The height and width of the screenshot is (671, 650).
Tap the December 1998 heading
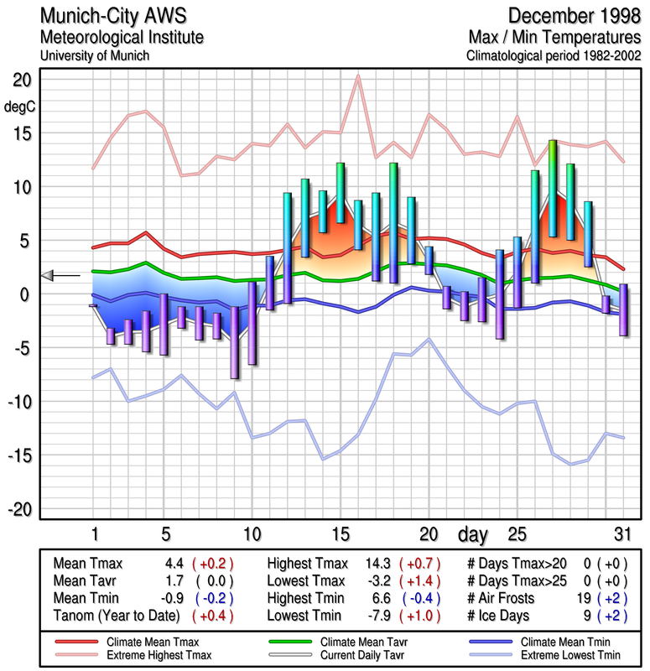click(570, 16)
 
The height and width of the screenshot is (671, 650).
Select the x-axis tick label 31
click(621, 533)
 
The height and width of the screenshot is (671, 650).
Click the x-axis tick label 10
click(252, 533)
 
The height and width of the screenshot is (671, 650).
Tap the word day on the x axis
click(476, 533)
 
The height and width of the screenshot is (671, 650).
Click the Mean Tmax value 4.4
click(174, 564)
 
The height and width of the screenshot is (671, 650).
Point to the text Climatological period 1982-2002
click(554, 56)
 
